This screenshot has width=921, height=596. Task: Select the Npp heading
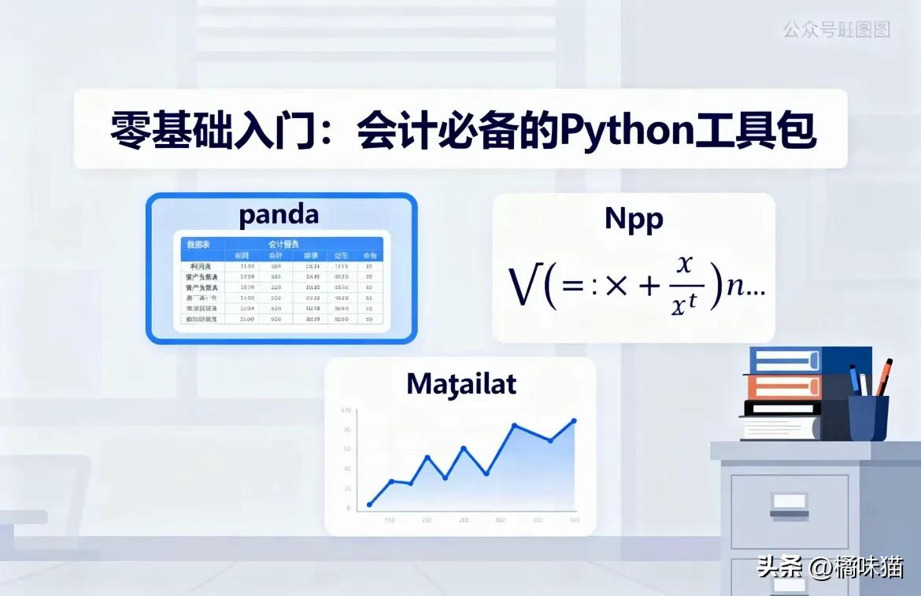click(x=634, y=219)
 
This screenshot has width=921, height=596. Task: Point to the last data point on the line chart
click(x=574, y=421)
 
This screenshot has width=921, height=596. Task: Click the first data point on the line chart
click(x=369, y=505)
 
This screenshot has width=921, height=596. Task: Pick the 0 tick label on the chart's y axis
click(x=348, y=509)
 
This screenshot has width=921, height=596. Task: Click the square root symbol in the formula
click(x=523, y=288)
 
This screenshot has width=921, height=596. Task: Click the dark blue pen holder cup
click(x=868, y=417)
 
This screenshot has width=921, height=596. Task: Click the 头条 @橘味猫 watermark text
click(x=830, y=567)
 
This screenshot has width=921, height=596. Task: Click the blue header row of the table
click(x=282, y=245)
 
